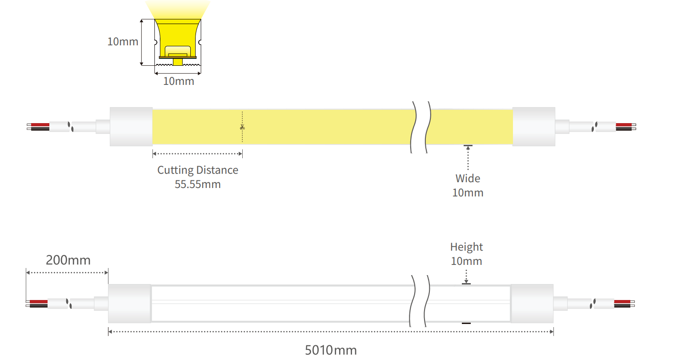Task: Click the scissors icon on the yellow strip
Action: (x=242, y=128)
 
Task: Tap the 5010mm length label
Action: (x=331, y=350)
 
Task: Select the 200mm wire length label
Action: (x=68, y=260)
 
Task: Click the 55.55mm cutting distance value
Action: (x=197, y=184)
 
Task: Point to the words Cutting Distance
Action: (x=197, y=170)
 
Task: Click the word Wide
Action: (x=468, y=179)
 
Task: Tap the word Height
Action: (x=466, y=247)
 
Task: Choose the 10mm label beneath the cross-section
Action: (x=178, y=81)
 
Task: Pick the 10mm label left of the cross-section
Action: (x=123, y=42)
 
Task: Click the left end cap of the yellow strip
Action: (x=131, y=127)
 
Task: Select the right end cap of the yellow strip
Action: (x=533, y=127)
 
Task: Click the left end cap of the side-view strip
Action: (x=129, y=304)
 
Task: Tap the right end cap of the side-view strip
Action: (x=532, y=304)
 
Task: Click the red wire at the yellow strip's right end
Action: (x=623, y=125)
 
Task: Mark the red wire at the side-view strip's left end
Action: (x=39, y=302)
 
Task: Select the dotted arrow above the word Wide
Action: (x=468, y=158)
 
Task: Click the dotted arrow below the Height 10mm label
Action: (x=466, y=276)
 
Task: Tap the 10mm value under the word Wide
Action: (x=468, y=193)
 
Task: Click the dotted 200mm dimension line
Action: (x=67, y=272)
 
